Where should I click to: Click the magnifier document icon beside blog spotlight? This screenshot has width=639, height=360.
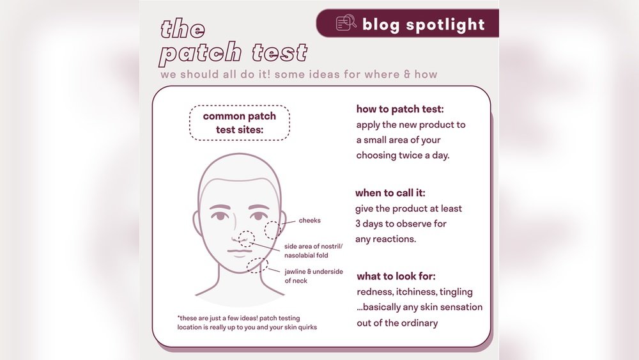click(x=346, y=23)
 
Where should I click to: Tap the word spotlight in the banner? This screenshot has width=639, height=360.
click(x=445, y=24)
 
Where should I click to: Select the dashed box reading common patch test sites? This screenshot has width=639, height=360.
click(x=239, y=123)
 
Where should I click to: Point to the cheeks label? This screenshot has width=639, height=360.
click(x=310, y=221)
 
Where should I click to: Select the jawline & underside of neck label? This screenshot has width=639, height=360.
click(x=314, y=276)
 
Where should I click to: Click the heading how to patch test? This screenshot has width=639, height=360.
click(x=400, y=109)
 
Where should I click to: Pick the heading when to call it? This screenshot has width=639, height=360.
click(x=390, y=193)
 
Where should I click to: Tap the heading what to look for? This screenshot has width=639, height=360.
click(x=396, y=276)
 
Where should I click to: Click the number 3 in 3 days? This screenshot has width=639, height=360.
click(x=358, y=224)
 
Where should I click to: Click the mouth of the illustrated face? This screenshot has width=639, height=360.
click(x=239, y=251)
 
